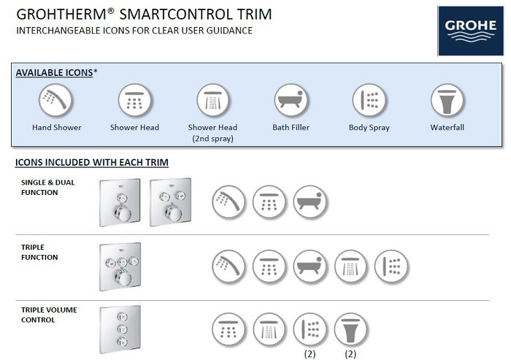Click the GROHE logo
click(471, 31)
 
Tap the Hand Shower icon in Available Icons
click(55, 100)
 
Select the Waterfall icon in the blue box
click(447, 100)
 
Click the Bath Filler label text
click(291, 127)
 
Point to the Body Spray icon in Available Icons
click(369, 100)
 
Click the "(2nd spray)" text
click(213, 139)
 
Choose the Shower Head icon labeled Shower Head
click(134, 100)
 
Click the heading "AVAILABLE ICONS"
click(55, 72)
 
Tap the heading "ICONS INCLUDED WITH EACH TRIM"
click(92, 162)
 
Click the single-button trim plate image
click(120, 202)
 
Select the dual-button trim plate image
click(170, 202)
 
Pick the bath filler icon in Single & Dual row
click(310, 202)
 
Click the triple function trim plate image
click(120, 267)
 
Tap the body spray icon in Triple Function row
click(391, 266)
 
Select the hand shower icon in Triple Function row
click(228, 266)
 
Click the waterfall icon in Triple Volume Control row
click(350, 329)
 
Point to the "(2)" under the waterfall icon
click(350, 354)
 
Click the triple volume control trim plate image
click(120, 329)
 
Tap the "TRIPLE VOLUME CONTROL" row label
click(49, 315)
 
